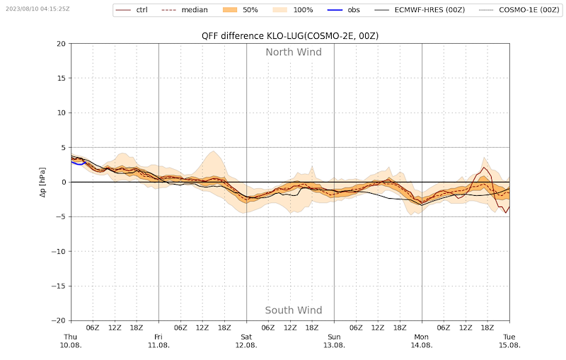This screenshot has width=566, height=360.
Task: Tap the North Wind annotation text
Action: point(293,52)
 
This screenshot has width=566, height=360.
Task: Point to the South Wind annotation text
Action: point(293,310)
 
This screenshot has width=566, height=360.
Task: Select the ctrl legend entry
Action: point(141,10)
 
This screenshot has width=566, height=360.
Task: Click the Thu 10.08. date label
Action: point(71,341)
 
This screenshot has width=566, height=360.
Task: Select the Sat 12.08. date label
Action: point(246,341)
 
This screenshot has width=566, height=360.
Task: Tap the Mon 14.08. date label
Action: point(422,341)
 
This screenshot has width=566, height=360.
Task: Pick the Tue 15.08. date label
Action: point(509,341)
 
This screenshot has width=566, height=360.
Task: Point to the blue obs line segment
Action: point(77,163)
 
